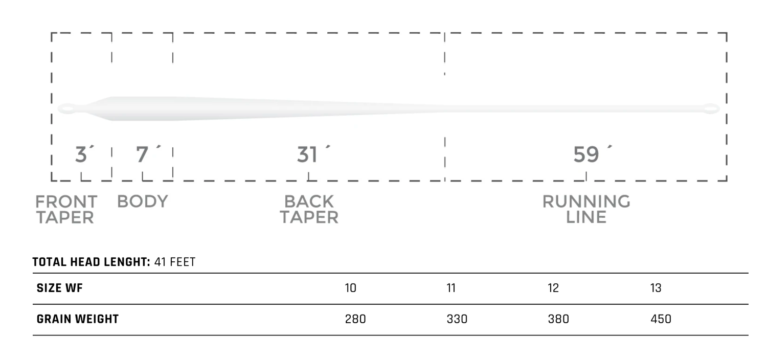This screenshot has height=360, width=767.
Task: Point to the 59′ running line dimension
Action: (x=591, y=154)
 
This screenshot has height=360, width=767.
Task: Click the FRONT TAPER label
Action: (x=65, y=209)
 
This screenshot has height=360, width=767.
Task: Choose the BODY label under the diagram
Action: (x=143, y=201)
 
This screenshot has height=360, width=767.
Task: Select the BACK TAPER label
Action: (x=309, y=209)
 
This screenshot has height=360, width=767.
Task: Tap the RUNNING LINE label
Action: (x=586, y=209)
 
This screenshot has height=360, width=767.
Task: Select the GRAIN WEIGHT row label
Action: (x=77, y=320)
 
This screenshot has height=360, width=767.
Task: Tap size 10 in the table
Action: (x=351, y=288)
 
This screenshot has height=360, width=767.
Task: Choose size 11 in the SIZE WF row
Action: (x=451, y=288)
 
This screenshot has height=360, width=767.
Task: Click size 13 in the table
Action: (x=656, y=288)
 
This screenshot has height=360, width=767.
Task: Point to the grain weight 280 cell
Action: (x=355, y=320)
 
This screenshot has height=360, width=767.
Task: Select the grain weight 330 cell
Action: (x=457, y=320)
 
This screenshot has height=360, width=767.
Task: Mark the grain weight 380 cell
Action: (x=558, y=320)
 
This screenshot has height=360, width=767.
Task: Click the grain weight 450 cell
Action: (x=661, y=320)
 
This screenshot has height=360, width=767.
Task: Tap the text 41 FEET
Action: (x=174, y=262)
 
